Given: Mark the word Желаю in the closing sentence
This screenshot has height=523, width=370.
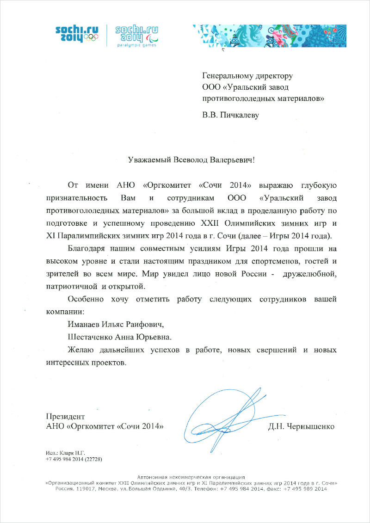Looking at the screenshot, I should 80,349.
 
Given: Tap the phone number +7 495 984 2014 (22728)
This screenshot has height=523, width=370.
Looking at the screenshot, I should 74,459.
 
